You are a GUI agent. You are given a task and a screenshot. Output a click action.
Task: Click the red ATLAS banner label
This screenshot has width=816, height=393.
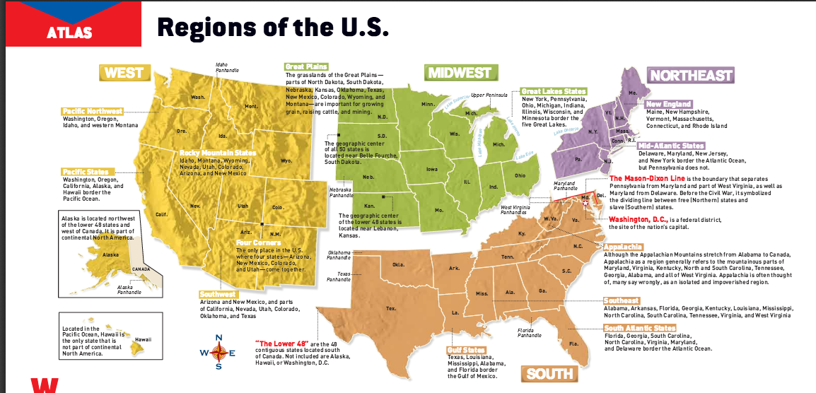pyautogui.click(x=69, y=32)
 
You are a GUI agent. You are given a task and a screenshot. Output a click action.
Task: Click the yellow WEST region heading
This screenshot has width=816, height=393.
pyautogui.click(x=124, y=73)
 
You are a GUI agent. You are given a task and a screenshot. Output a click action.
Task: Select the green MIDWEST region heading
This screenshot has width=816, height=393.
pyautogui.click(x=458, y=73)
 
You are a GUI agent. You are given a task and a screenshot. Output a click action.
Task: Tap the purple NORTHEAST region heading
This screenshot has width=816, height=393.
pyautogui.click(x=691, y=75)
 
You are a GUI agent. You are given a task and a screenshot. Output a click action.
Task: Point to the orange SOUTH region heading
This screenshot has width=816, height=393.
pyautogui.click(x=549, y=373)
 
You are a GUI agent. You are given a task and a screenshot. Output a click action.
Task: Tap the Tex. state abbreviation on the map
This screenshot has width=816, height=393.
pyautogui.click(x=390, y=309)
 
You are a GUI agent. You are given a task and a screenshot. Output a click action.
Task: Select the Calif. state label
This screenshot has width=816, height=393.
pyautogui.click(x=161, y=214)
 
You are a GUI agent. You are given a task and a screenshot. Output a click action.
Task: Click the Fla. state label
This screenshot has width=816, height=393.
pyautogui.click(x=573, y=344)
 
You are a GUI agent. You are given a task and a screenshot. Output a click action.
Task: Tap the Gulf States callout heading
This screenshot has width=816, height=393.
pyautogui.click(x=466, y=350)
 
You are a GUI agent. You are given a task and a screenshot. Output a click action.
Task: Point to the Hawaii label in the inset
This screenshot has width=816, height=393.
pyautogui.click(x=144, y=339)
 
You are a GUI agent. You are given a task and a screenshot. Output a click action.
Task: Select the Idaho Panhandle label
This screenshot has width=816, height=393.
pyautogui.click(x=227, y=68)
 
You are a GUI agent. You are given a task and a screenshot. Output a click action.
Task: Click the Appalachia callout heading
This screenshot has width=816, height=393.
pyautogui.click(x=622, y=247)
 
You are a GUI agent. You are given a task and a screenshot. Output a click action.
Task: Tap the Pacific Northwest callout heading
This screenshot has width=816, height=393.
pyautogui.click(x=93, y=111)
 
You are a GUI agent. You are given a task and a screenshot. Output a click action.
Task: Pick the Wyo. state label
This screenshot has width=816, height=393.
pyautogui.click(x=286, y=160)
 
